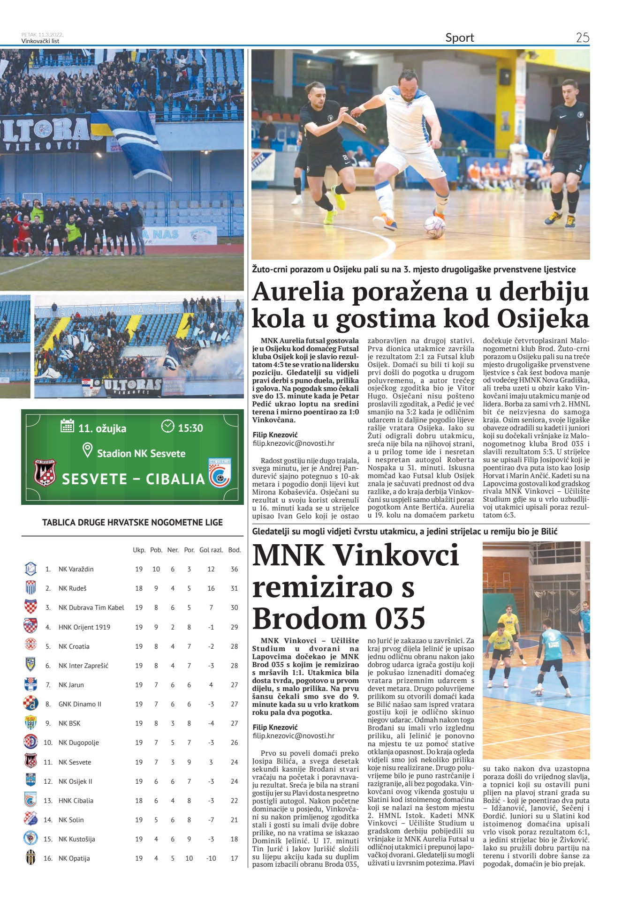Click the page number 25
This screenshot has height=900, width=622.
582,37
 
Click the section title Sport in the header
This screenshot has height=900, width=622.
459,37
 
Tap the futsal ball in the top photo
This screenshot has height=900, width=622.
434,227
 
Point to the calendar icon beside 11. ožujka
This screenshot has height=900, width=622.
68,426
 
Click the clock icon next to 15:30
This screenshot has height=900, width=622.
167,426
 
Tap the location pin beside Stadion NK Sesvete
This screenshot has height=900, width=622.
87,451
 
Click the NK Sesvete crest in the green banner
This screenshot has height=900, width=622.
45,472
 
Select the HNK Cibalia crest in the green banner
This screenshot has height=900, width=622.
220,472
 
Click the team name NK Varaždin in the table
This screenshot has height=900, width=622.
76,569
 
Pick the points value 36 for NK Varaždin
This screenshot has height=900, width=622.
234,569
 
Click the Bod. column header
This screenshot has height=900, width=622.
234,550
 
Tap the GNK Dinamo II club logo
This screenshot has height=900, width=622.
30,704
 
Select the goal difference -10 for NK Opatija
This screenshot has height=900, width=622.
211,858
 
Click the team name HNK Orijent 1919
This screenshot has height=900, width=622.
84,627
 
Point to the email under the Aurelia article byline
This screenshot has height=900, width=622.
293,443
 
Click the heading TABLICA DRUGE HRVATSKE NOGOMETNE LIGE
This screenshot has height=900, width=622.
132,522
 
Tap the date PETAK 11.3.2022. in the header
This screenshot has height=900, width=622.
42,35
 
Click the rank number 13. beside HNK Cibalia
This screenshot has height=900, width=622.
48,801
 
